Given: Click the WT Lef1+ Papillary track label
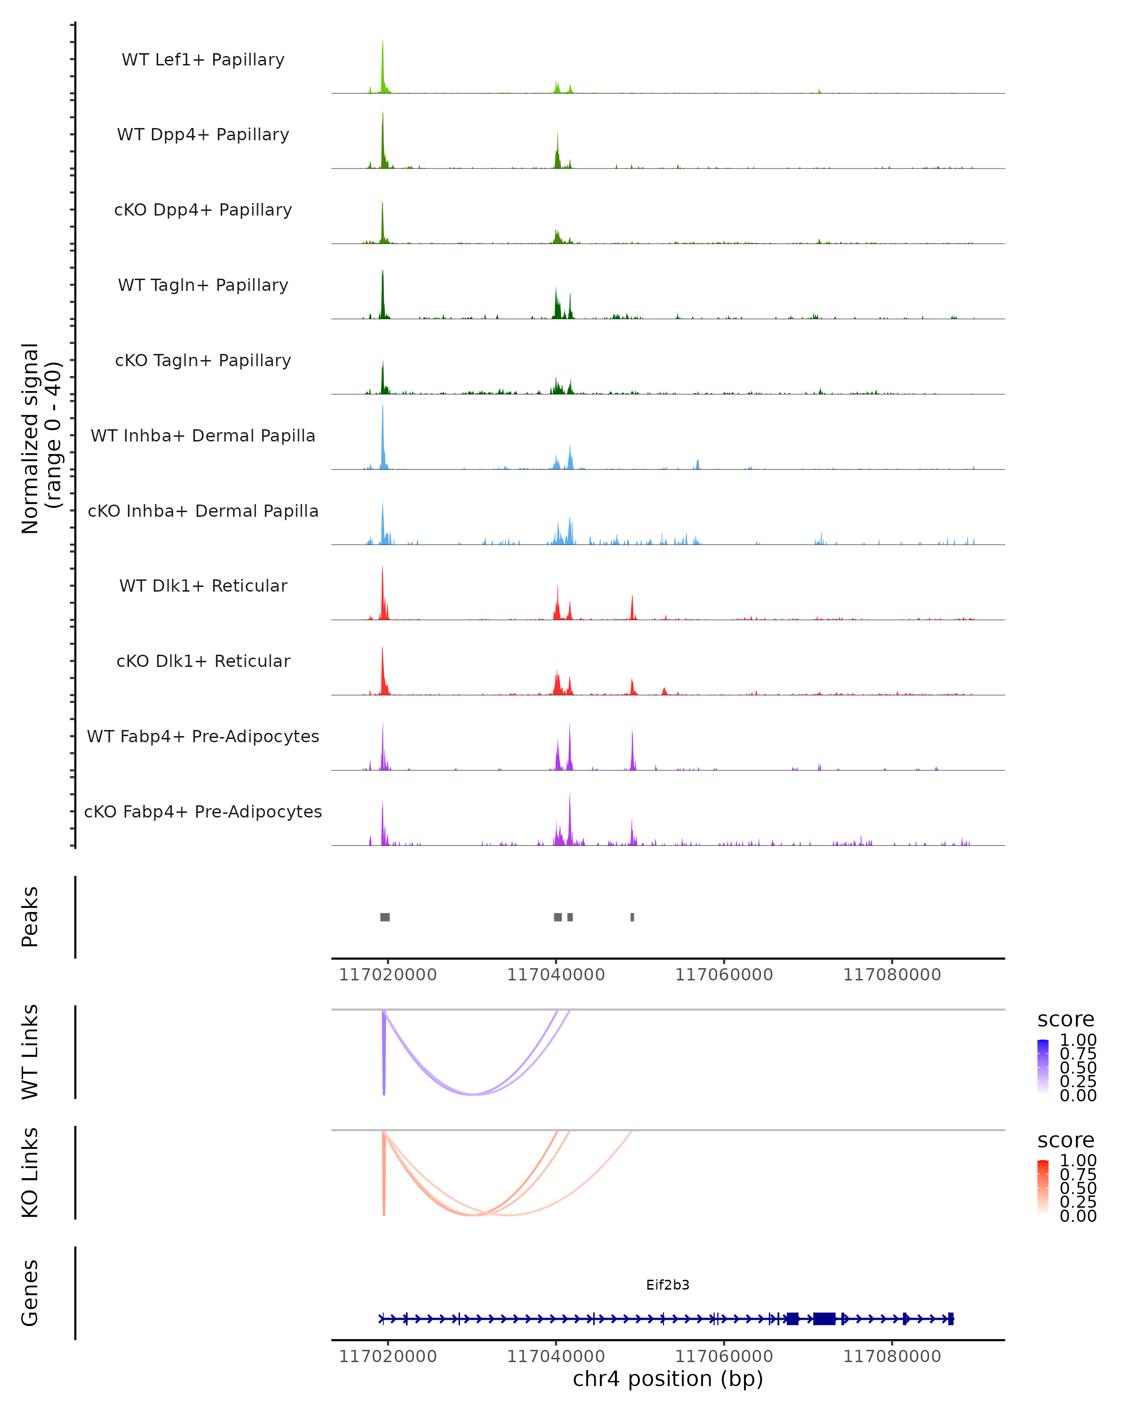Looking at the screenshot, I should pyautogui.click(x=203, y=60).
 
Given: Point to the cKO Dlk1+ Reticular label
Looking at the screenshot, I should pyautogui.click(x=203, y=661).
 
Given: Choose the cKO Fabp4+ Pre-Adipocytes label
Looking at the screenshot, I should pyautogui.click(x=203, y=811).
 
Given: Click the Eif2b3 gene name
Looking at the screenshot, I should pyautogui.click(x=668, y=1285).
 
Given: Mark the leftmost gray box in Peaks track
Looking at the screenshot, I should pyautogui.click(x=385, y=917).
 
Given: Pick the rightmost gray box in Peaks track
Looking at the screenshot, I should pyautogui.click(x=632, y=917).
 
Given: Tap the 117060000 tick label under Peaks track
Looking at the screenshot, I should pyautogui.click(x=724, y=975).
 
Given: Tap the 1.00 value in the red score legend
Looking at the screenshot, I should pyautogui.click(x=1078, y=1161).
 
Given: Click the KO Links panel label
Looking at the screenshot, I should pyautogui.click(x=30, y=1172).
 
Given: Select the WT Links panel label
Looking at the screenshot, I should pyautogui.click(x=30, y=1052).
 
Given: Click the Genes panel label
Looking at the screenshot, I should pyautogui.click(x=30, y=1293).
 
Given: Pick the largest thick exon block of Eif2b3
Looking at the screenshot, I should pyautogui.click(x=824, y=1318).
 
